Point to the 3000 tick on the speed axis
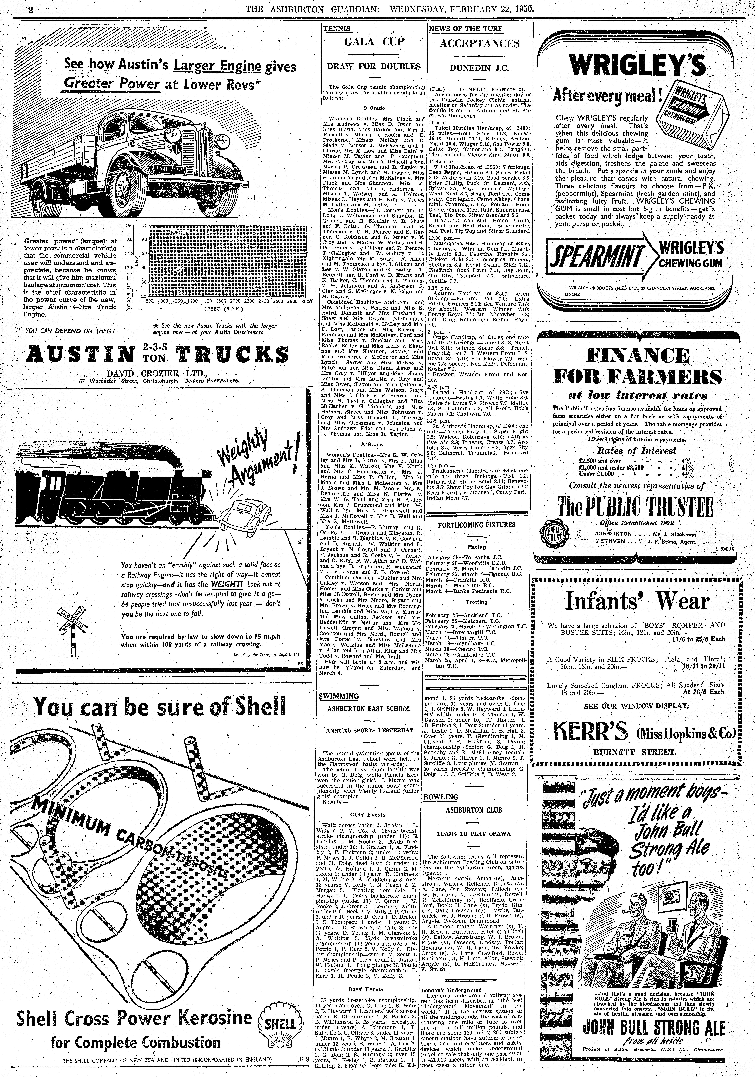click(306, 302)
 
